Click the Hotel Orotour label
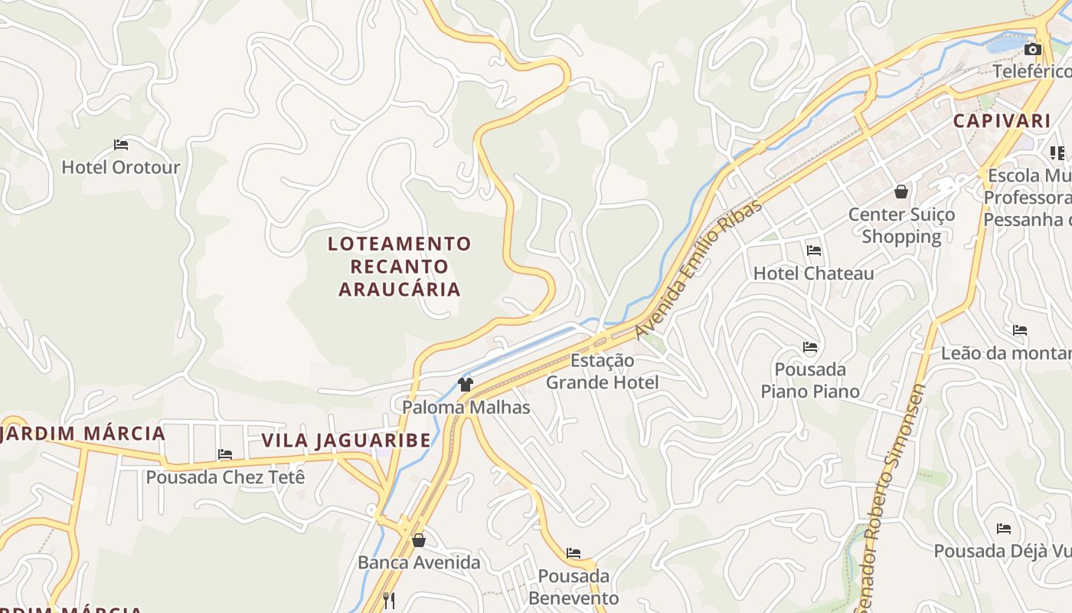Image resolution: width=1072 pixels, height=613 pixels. point(120,167)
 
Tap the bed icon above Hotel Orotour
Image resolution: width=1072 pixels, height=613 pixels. point(120,144)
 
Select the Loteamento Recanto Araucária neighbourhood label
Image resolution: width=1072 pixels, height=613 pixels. point(400,266)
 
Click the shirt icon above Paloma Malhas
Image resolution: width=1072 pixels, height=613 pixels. point(465,384)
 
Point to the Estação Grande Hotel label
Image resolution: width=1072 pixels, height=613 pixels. point(602,371)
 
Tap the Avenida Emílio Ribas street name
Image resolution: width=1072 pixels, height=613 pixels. point(699,269)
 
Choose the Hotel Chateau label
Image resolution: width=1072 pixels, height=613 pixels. point(813,274)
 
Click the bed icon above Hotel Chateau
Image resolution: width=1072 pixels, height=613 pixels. point(813,251)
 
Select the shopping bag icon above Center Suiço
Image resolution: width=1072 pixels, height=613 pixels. point(901,192)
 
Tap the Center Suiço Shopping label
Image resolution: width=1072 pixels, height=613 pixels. point(901,225)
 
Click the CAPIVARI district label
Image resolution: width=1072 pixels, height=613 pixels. point(1002,121)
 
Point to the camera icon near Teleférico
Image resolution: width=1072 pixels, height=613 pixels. point(1032,50)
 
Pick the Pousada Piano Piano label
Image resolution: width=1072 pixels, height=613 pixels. point(810,380)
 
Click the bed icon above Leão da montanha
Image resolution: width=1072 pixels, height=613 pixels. point(1020,330)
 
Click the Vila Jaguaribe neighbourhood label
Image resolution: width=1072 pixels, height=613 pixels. point(346,441)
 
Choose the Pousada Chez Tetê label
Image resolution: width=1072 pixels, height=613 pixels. point(225,477)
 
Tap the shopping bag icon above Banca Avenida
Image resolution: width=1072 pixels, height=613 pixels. point(418,540)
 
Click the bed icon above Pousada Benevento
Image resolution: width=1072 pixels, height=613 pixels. point(574,553)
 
